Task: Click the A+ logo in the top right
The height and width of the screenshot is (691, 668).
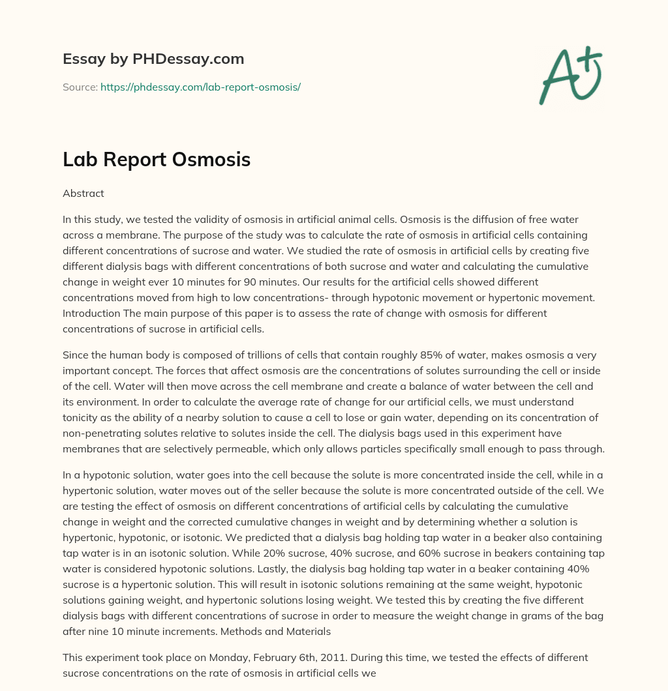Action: [570, 76]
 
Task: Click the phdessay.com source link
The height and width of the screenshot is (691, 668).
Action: [200, 87]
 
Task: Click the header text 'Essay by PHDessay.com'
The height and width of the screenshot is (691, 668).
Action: [153, 59]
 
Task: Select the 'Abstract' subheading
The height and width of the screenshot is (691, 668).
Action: [83, 193]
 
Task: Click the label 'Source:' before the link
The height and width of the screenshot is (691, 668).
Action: [80, 87]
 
